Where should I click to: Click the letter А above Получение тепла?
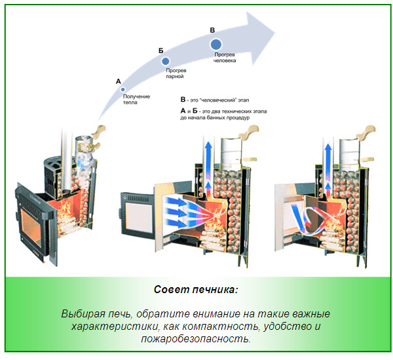119,81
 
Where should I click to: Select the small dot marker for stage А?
122,89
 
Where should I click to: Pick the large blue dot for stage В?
216,44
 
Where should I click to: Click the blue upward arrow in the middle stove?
207,163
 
